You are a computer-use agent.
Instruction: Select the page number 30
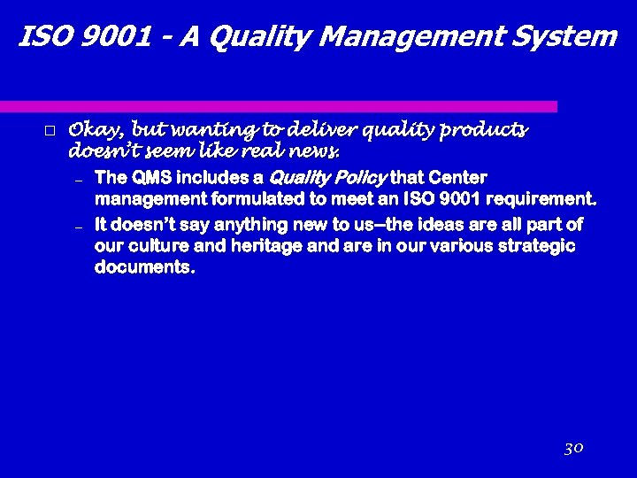pos(573,448)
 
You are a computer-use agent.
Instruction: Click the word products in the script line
pos(484,131)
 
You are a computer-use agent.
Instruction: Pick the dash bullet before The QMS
pos(79,180)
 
